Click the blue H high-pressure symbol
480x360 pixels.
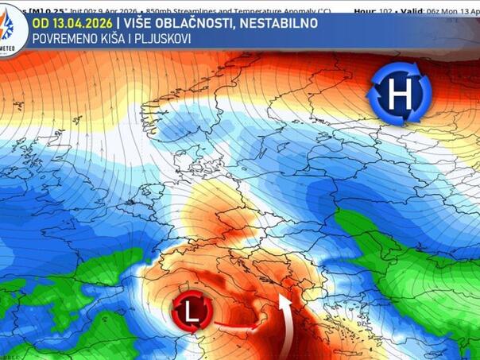coord(399,95)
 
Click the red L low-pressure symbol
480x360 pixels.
coord(192,312)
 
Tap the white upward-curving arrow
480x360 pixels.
coord(284,326)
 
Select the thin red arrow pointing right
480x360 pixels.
coord(238,326)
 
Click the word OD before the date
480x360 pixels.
coord(41,23)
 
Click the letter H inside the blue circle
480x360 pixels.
coord(399,95)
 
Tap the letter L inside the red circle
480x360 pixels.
coord(192,312)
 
